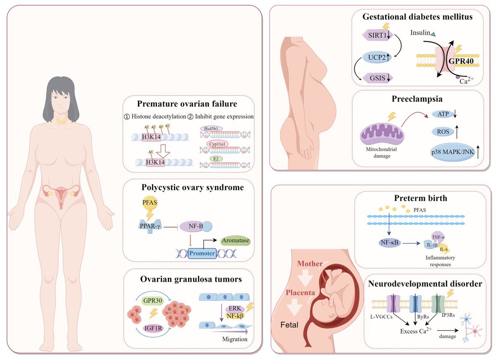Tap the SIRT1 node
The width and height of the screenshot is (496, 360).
coord(376,35)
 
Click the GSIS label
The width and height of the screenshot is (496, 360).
coord(376,77)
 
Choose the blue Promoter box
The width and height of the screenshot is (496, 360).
coord(202,253)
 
